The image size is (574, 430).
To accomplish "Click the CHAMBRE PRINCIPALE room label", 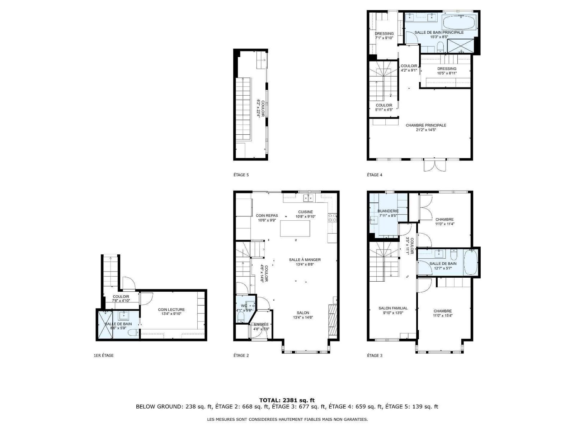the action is tap(426, 125).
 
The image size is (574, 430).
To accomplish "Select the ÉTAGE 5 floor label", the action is tap(241, 175).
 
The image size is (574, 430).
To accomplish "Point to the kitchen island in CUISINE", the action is tap(295, 229).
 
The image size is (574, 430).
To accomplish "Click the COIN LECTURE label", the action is tap(171, 310).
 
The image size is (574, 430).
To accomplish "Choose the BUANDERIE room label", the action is tap(388, 211).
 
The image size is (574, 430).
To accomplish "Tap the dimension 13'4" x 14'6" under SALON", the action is tap(303, 317).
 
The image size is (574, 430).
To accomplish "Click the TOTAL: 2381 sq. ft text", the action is tap(287, 400).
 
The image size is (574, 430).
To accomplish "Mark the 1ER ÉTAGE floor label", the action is tap(104, 355).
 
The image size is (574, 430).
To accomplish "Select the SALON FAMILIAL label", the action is tap(393, 308).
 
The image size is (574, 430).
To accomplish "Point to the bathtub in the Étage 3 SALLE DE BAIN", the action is tap(470, 262).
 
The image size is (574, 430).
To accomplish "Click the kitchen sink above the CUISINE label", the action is tap(308, 198).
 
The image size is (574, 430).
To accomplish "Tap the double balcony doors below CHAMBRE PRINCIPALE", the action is tap(434, 165).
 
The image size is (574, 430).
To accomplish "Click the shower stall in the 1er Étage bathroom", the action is tap(105, 324).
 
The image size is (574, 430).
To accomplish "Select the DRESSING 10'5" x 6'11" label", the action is tap(447, 71).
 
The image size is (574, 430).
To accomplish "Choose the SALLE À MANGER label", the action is tap(305, 260).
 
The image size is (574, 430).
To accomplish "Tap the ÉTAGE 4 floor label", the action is tap(375, 175).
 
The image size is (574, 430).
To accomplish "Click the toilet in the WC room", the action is tap(240, 317).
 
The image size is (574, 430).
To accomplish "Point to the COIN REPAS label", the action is tap(267, 216).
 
